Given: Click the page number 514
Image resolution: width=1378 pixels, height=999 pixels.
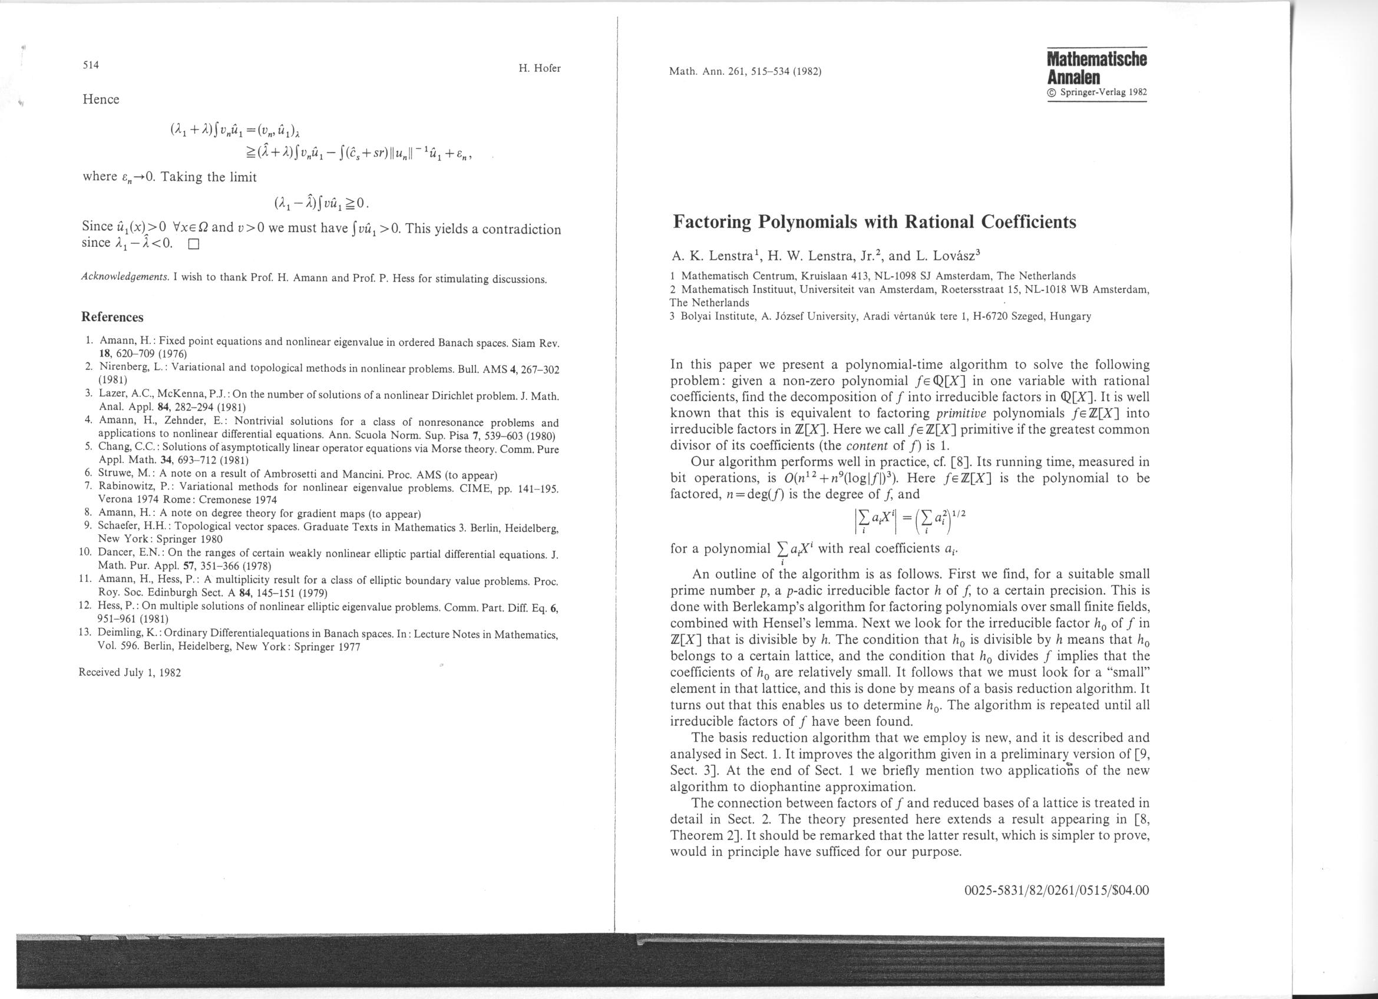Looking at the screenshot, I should click(x=91, y=65).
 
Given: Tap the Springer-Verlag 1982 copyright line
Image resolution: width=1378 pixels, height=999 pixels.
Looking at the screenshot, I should click(x=1097, y=93).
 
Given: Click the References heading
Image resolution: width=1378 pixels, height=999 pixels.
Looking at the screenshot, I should click(x=113, y=317).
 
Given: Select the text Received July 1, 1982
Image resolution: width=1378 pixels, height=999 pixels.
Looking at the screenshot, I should click(x=130, y=672).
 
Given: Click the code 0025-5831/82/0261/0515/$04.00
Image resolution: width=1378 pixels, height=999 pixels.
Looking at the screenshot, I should click(x=1056, y=890).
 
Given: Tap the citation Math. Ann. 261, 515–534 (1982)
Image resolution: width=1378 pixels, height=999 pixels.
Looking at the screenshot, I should click(x=745, y=72).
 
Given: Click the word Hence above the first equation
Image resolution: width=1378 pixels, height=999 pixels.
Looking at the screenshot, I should click(x=101, y=100).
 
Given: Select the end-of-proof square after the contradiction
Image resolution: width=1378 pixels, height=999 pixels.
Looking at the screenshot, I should click(x=194, y=246).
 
